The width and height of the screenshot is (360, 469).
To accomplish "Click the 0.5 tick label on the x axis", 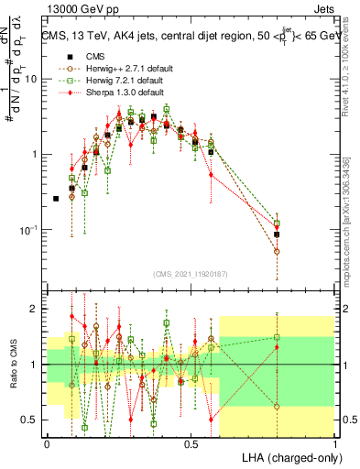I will pyautogui.click(x=191, y=443).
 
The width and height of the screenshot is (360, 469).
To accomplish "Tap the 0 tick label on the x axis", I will pyautogui.click(x=47, y=443).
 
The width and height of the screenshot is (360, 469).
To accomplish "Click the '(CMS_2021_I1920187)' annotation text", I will pyautogui.click(x=191, y=273).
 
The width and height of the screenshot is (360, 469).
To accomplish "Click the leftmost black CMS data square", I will pyautogui.click(x=56, y=199).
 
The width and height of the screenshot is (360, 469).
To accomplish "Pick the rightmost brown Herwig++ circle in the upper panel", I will pyautogui.click(x=277, y=251).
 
